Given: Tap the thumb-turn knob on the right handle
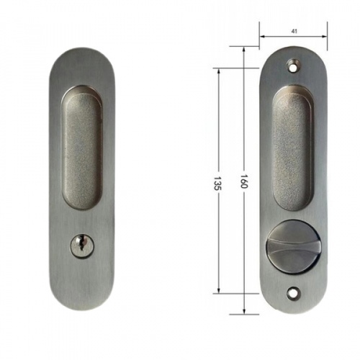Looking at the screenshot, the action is [292, 247].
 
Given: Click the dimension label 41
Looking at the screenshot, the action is [294, 31].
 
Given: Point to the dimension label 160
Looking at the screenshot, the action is [244, 181].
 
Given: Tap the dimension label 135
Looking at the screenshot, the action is [217, 184].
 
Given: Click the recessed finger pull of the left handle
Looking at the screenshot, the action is [82, 147].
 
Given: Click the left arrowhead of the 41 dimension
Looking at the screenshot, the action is [262, 37].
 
